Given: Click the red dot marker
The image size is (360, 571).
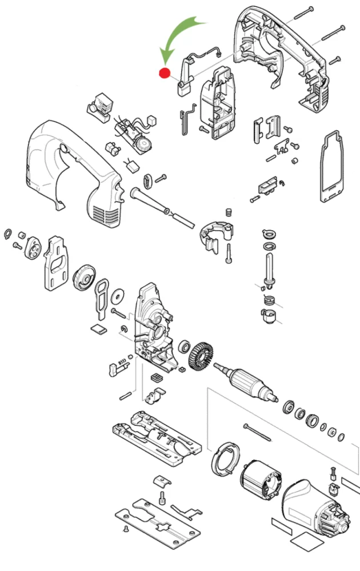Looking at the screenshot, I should [165, 73].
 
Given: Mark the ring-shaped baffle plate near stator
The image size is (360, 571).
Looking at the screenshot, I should [224, 460].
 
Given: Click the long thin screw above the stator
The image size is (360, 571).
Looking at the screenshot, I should [260, 432].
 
